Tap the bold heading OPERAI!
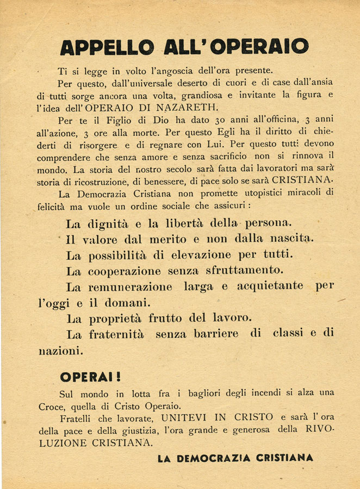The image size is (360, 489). [x=90, y=377]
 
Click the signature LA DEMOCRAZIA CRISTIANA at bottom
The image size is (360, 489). [x=235, y=458]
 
